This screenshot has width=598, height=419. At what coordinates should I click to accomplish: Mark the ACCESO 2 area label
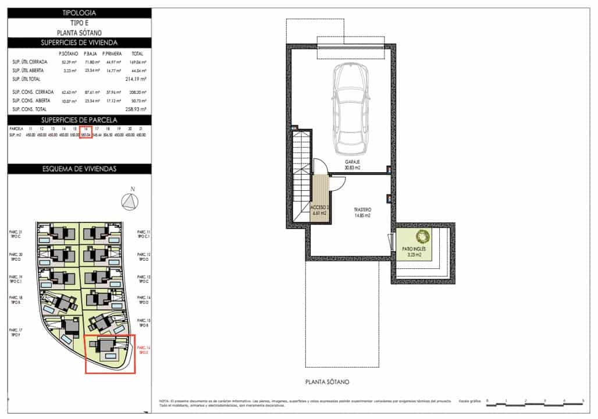pos(320,210)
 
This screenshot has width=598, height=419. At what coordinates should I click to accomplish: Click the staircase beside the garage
pos(301,169)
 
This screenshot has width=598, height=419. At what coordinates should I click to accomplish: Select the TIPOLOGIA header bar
pos(79,12)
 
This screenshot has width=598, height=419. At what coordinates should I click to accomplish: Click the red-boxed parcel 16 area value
pos(86,134)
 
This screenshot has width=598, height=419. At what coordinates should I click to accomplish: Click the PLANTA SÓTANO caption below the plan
pos(326,382)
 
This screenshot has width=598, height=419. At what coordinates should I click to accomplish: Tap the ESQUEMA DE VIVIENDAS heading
pos(79,169)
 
